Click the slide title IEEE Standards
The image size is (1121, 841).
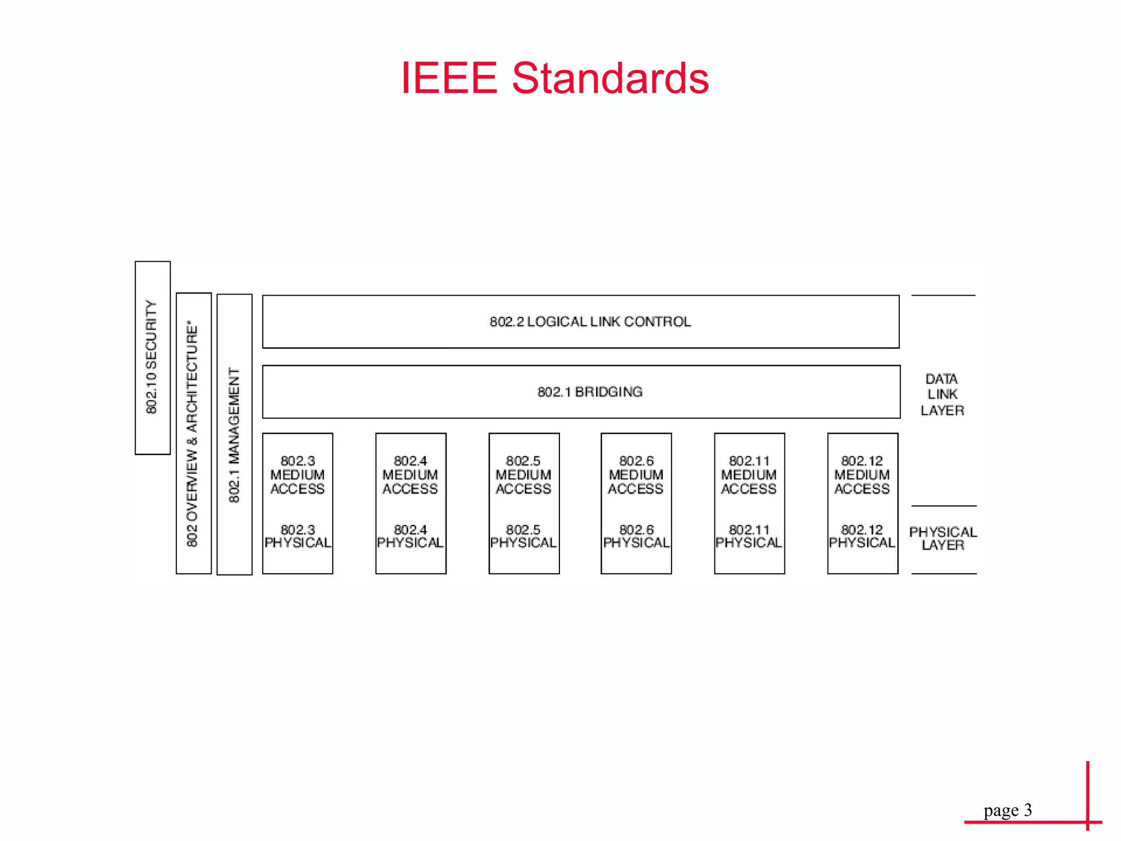tap(554, 78)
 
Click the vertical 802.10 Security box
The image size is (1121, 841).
tap(153, 358)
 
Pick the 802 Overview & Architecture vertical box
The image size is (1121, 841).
tap(193, 433)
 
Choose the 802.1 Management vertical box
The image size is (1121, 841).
tap(234, 434)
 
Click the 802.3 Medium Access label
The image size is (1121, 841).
tap(298, 475)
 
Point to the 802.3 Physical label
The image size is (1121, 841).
tap(298, 537)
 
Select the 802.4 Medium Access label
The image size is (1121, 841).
tap(411, 475)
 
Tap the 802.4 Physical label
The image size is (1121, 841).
tap(411, 537)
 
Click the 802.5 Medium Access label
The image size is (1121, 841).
tap(523, 475)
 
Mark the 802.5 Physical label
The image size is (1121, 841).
tap(523, 537)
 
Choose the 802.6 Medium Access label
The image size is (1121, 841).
tap(636, 475)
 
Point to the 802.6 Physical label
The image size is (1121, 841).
tap(636, 537)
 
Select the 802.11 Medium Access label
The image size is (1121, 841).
tap(749, 475)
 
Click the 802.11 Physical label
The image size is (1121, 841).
tap(749, 537)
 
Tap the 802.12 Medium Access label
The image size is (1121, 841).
tap(862, 475)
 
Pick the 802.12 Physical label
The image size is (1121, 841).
tap(862, 537)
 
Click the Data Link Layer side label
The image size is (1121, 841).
tap(942, 394)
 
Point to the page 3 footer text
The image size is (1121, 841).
tap(1007, 810)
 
